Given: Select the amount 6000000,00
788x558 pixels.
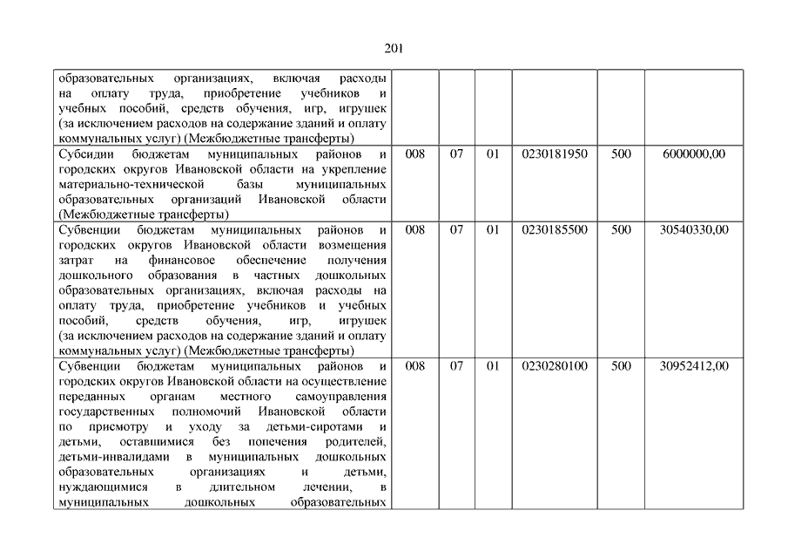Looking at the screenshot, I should tap(694, 153).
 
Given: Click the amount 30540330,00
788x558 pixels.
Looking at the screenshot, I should tap(694, 229).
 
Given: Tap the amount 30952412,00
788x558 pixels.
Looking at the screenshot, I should tap(694, 366).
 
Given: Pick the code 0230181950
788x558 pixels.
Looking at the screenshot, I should tap(555, 153).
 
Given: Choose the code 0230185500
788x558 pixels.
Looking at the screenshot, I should tap(555, 229).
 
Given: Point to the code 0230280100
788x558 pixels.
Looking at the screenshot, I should tap(555, 366).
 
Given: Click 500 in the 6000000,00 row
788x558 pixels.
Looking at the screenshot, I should tap(621, 153).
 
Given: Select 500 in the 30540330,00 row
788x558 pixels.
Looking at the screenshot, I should tap(621, 229).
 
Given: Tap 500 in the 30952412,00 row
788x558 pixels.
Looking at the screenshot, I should tap(621, 366).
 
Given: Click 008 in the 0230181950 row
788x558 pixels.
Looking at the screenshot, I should tap(415, 153).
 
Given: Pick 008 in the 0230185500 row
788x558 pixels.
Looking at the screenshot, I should tap(415, 229).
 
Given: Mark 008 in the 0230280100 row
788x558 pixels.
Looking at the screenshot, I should tap(415, 366).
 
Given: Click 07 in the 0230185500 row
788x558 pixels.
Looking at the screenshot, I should tap(457, 229).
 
